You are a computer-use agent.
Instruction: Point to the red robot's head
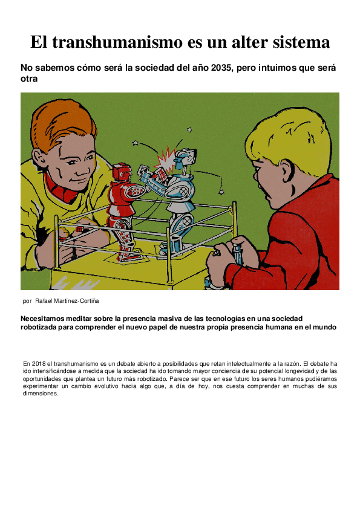point(123,171)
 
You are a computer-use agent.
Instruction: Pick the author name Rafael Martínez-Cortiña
point(68,300)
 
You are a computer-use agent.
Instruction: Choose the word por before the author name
point(26,300)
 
